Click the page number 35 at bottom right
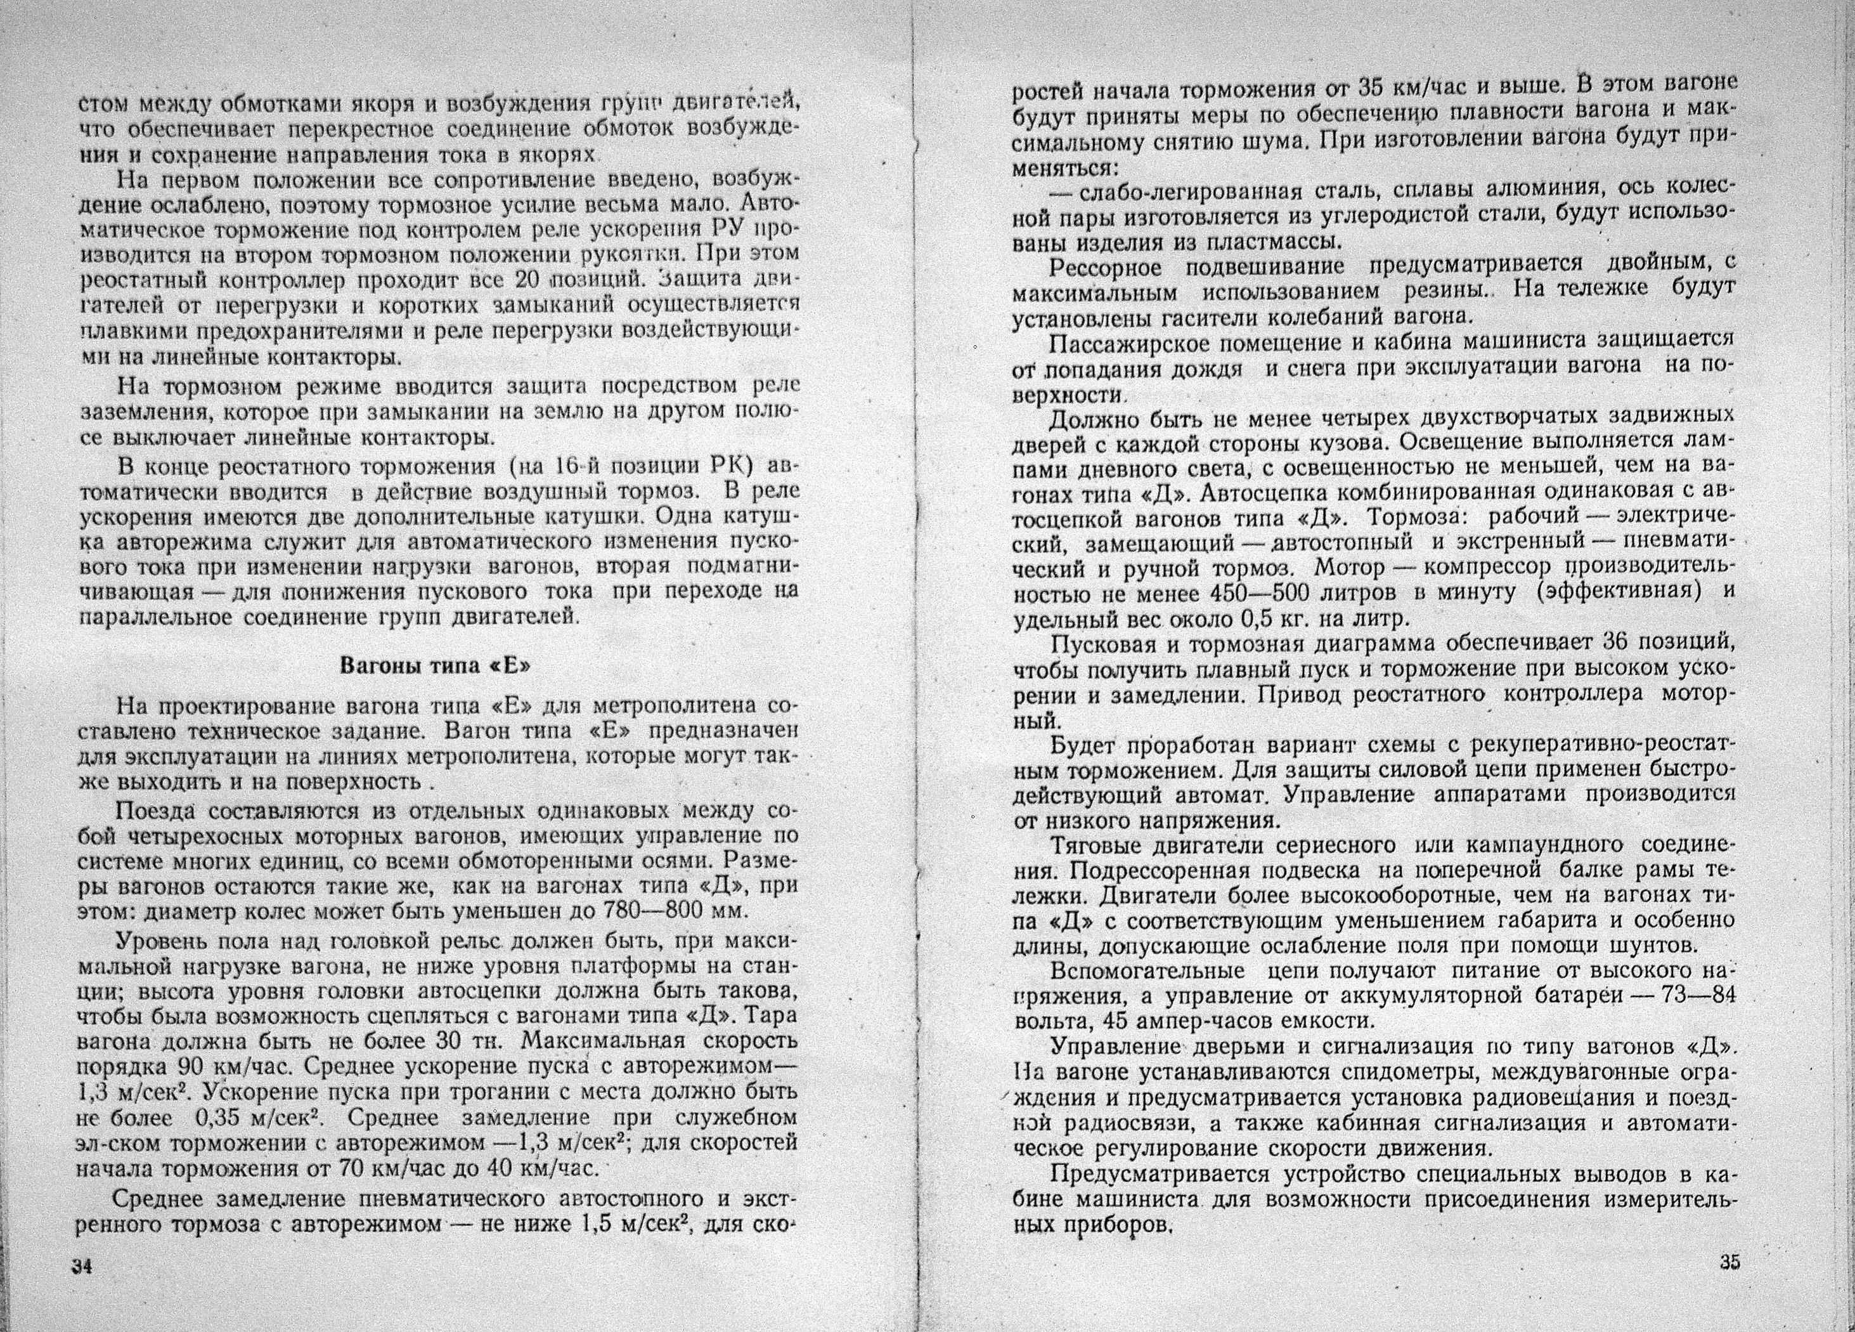click(1729, 1261)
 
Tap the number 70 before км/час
click(352, 1166)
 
